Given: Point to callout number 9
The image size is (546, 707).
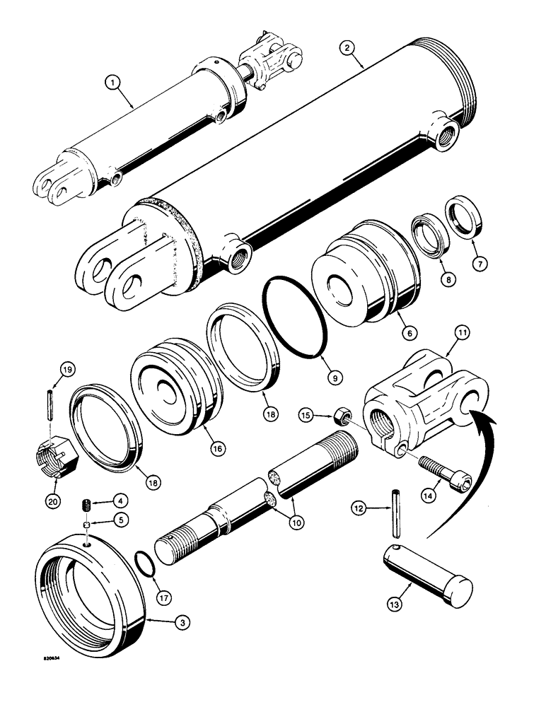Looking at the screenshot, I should point(335,378).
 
